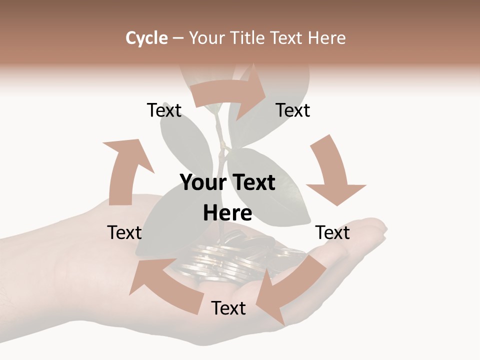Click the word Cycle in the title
coord(146,38)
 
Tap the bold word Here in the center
coord(227,213)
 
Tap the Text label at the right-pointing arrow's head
coord(293,110)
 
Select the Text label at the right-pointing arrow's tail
coord(164,110)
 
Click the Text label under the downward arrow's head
coord(332,232)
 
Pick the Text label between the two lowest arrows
coord(228,308)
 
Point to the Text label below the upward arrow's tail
coord(124,232)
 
